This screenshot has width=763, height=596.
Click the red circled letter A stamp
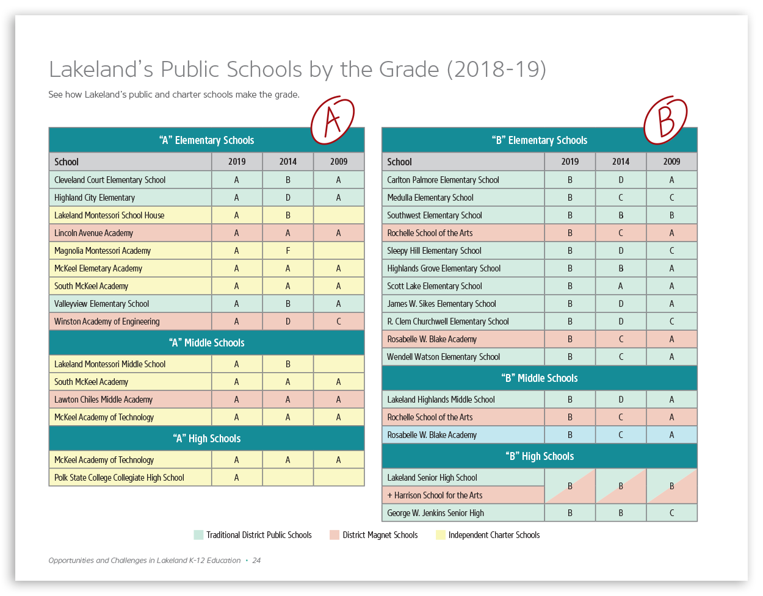pyautogui.click(x=333, y=120)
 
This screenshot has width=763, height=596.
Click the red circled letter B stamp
pyautogui.click(x=665, y=120)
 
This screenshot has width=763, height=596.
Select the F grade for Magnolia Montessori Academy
pyautogui.click(x=287, y=251)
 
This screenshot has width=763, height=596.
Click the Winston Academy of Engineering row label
pyautogui.click(x=107, y=321)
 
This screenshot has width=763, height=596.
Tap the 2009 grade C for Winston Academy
pyautogui.click(x=339, y=321)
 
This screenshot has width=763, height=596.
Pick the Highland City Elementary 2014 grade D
pyautogui.click(x=287, y=198)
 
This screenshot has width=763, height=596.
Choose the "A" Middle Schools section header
pyautogui.click(x=206, y=343)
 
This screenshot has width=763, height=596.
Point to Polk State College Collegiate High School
pyautogui.click(x=119, y=478)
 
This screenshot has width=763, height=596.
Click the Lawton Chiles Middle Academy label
pyautogui.click(x=103, y=400)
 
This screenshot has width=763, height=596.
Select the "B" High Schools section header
pyautogui.click(x=540, y=456)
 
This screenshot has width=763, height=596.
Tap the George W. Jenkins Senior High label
pyautogui.click(x=435, y=513)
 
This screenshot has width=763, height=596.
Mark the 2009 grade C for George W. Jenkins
pyautogui.click(x=671, y=513)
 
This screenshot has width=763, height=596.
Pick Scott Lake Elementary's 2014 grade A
pyautogui.click(x=620, y=286)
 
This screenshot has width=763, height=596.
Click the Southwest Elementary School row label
pyautogui.click(x=434, y=215)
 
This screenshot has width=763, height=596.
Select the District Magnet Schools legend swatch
pyautogui.click(x=334, y=535)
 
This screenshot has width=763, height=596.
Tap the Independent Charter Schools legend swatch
pyautogui.click(x=440, y=535)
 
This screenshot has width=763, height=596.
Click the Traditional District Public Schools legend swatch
pyautogui.click(x=198, y=535)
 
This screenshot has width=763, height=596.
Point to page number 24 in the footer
pyautogui.click(x=256, y=561)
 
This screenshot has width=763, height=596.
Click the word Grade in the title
pyautogui.click(x=408, y=70)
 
